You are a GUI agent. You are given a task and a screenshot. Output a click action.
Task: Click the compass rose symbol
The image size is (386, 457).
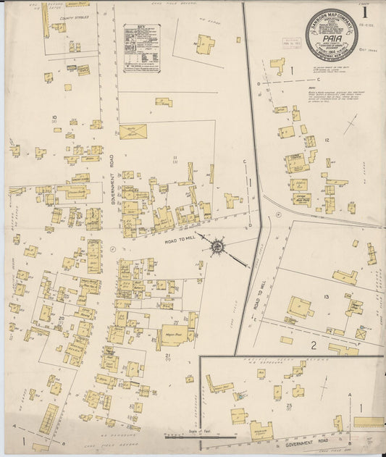pos(217,248)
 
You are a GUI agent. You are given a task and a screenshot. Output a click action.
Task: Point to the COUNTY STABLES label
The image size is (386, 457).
pos(74,17)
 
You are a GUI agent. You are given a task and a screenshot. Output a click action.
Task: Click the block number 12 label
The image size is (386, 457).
pos(327,140)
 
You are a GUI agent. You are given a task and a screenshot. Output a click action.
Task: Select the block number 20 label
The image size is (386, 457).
pos(62,318)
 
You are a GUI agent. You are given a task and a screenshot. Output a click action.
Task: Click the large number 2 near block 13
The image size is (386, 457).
pos(314,344)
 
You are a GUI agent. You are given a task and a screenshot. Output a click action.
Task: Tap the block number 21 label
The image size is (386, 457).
pos(167,354)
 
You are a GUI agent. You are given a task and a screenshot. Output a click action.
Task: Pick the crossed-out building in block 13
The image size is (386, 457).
pos(361,335)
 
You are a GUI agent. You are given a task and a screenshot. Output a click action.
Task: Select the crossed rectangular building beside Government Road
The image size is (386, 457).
pos(133,131)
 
